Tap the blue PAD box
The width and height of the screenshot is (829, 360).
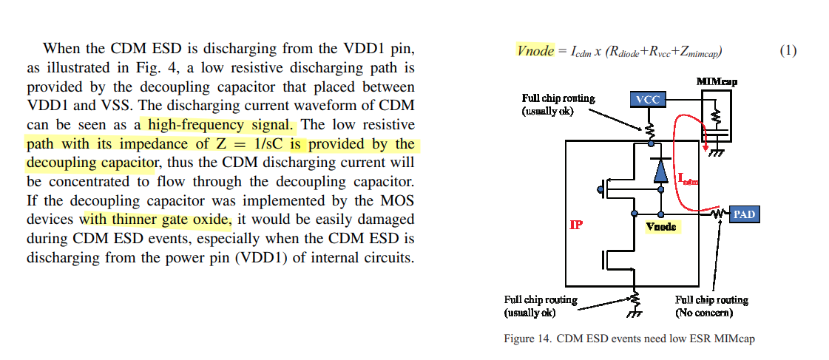click(744, 214)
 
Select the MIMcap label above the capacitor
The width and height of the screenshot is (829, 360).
click(717, 81)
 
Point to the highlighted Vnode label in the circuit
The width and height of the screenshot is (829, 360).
click(661, 226)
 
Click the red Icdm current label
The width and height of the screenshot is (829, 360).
click(688, 178)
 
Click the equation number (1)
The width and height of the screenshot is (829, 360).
click(788, 51)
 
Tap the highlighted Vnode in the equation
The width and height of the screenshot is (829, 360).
click(535, 51)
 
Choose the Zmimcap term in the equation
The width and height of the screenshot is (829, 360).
click(697, 52)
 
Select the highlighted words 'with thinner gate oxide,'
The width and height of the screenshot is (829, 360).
click(156, 220)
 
